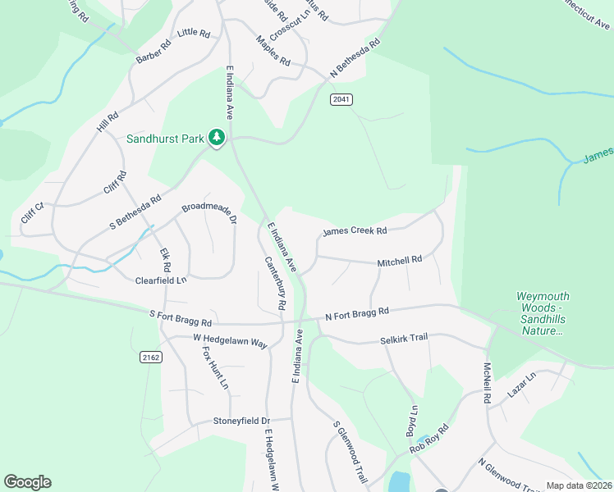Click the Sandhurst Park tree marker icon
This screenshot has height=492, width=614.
pyautogui.click(x=217, y=138)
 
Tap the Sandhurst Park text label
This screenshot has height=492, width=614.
pyautogui.click(x=164, y=139)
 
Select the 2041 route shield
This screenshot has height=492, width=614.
pyautogui.click(x=341, y=99)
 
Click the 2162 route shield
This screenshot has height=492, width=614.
pyautogui.click(x=150, y=357)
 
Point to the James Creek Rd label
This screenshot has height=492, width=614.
pyautogui.click(x=355, y=231)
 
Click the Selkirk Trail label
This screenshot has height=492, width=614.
pyautogui.click(x=405, y=339)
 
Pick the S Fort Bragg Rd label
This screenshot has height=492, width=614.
pyautogui.click(x=181, y=317)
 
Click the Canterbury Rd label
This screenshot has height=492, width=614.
pyautogui.click(x=275, y=283)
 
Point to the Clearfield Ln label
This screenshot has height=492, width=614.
pyautogui.click(x=161, y=280)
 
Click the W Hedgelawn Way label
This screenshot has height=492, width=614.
pyautogui.click(x=231, y=339)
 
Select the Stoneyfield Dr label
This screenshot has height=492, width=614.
pyautogui.click(x=241, y=421)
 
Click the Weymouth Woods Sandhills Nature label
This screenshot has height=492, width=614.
pyautogui.click(x=543, y=313)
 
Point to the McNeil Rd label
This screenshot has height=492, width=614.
pyautogui.click(x=487, y=383)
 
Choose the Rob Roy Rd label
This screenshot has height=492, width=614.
pyautogui.click(x=429, y=439)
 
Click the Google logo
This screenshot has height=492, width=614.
pyautogui.click(x=27, y=482)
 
